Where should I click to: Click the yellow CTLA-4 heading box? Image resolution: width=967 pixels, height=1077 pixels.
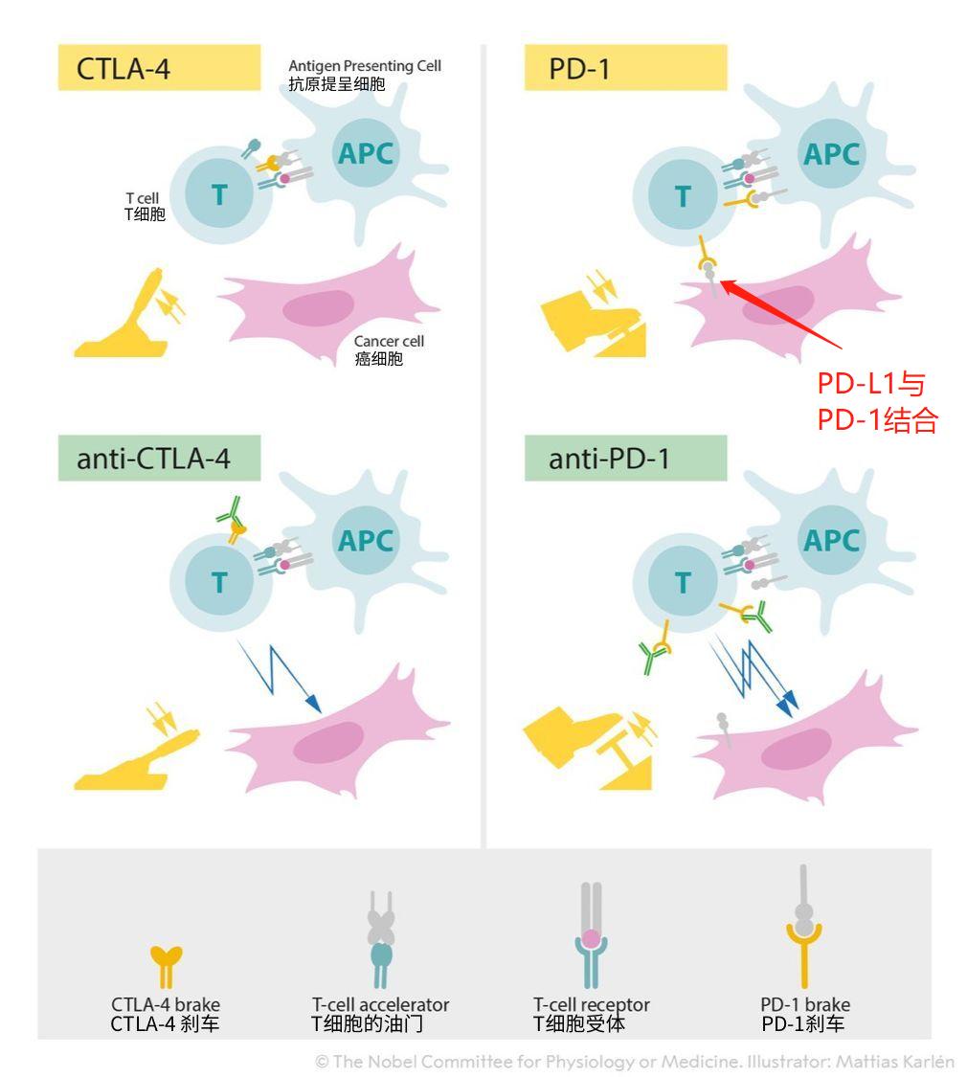coord(159,69)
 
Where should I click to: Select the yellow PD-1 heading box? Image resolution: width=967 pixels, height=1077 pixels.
coord(625,69)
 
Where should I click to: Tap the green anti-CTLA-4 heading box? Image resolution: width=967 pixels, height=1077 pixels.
coord(159,459)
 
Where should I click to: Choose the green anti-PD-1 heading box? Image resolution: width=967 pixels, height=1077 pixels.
coord(625,459)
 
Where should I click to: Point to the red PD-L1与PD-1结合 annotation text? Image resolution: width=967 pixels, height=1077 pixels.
coord(876,401)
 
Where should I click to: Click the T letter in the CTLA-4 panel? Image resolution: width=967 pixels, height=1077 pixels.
coord(220,194)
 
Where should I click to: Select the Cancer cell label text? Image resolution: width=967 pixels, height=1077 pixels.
coord(388,350)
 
